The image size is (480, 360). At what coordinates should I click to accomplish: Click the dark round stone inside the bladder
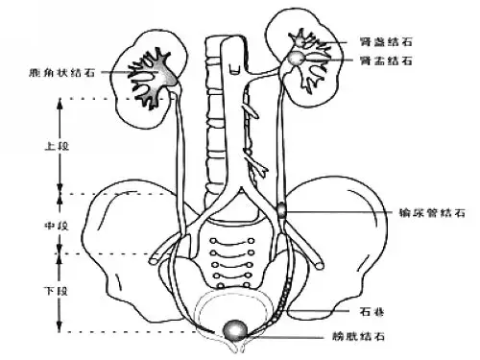pyautogui.click(x=233, y=330)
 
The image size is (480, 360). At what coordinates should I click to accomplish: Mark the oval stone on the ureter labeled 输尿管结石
pyautogui.click(x=281, y=208)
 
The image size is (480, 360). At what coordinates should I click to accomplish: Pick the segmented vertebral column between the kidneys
pyautogui.click(x=216, y=125)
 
